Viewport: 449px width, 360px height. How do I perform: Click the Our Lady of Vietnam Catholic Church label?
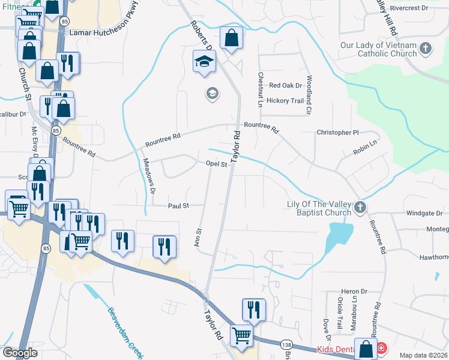point(378,49)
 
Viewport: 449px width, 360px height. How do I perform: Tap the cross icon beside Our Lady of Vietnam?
point(425,48)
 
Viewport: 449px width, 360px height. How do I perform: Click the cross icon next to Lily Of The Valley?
point(360,208)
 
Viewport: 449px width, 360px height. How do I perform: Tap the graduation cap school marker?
point(204,61)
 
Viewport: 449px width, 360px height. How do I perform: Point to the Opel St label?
point(216,164)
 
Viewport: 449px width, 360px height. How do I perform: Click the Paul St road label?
point(178,205)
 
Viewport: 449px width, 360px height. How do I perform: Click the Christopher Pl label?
point(337,132)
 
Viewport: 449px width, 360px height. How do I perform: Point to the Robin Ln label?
point(364,147)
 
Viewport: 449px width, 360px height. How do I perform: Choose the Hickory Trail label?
point(285,101)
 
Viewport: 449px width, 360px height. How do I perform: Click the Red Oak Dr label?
point(285,86)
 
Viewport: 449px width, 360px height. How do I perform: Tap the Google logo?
point(20,353)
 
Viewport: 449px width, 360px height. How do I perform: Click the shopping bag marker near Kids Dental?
point(366,349)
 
